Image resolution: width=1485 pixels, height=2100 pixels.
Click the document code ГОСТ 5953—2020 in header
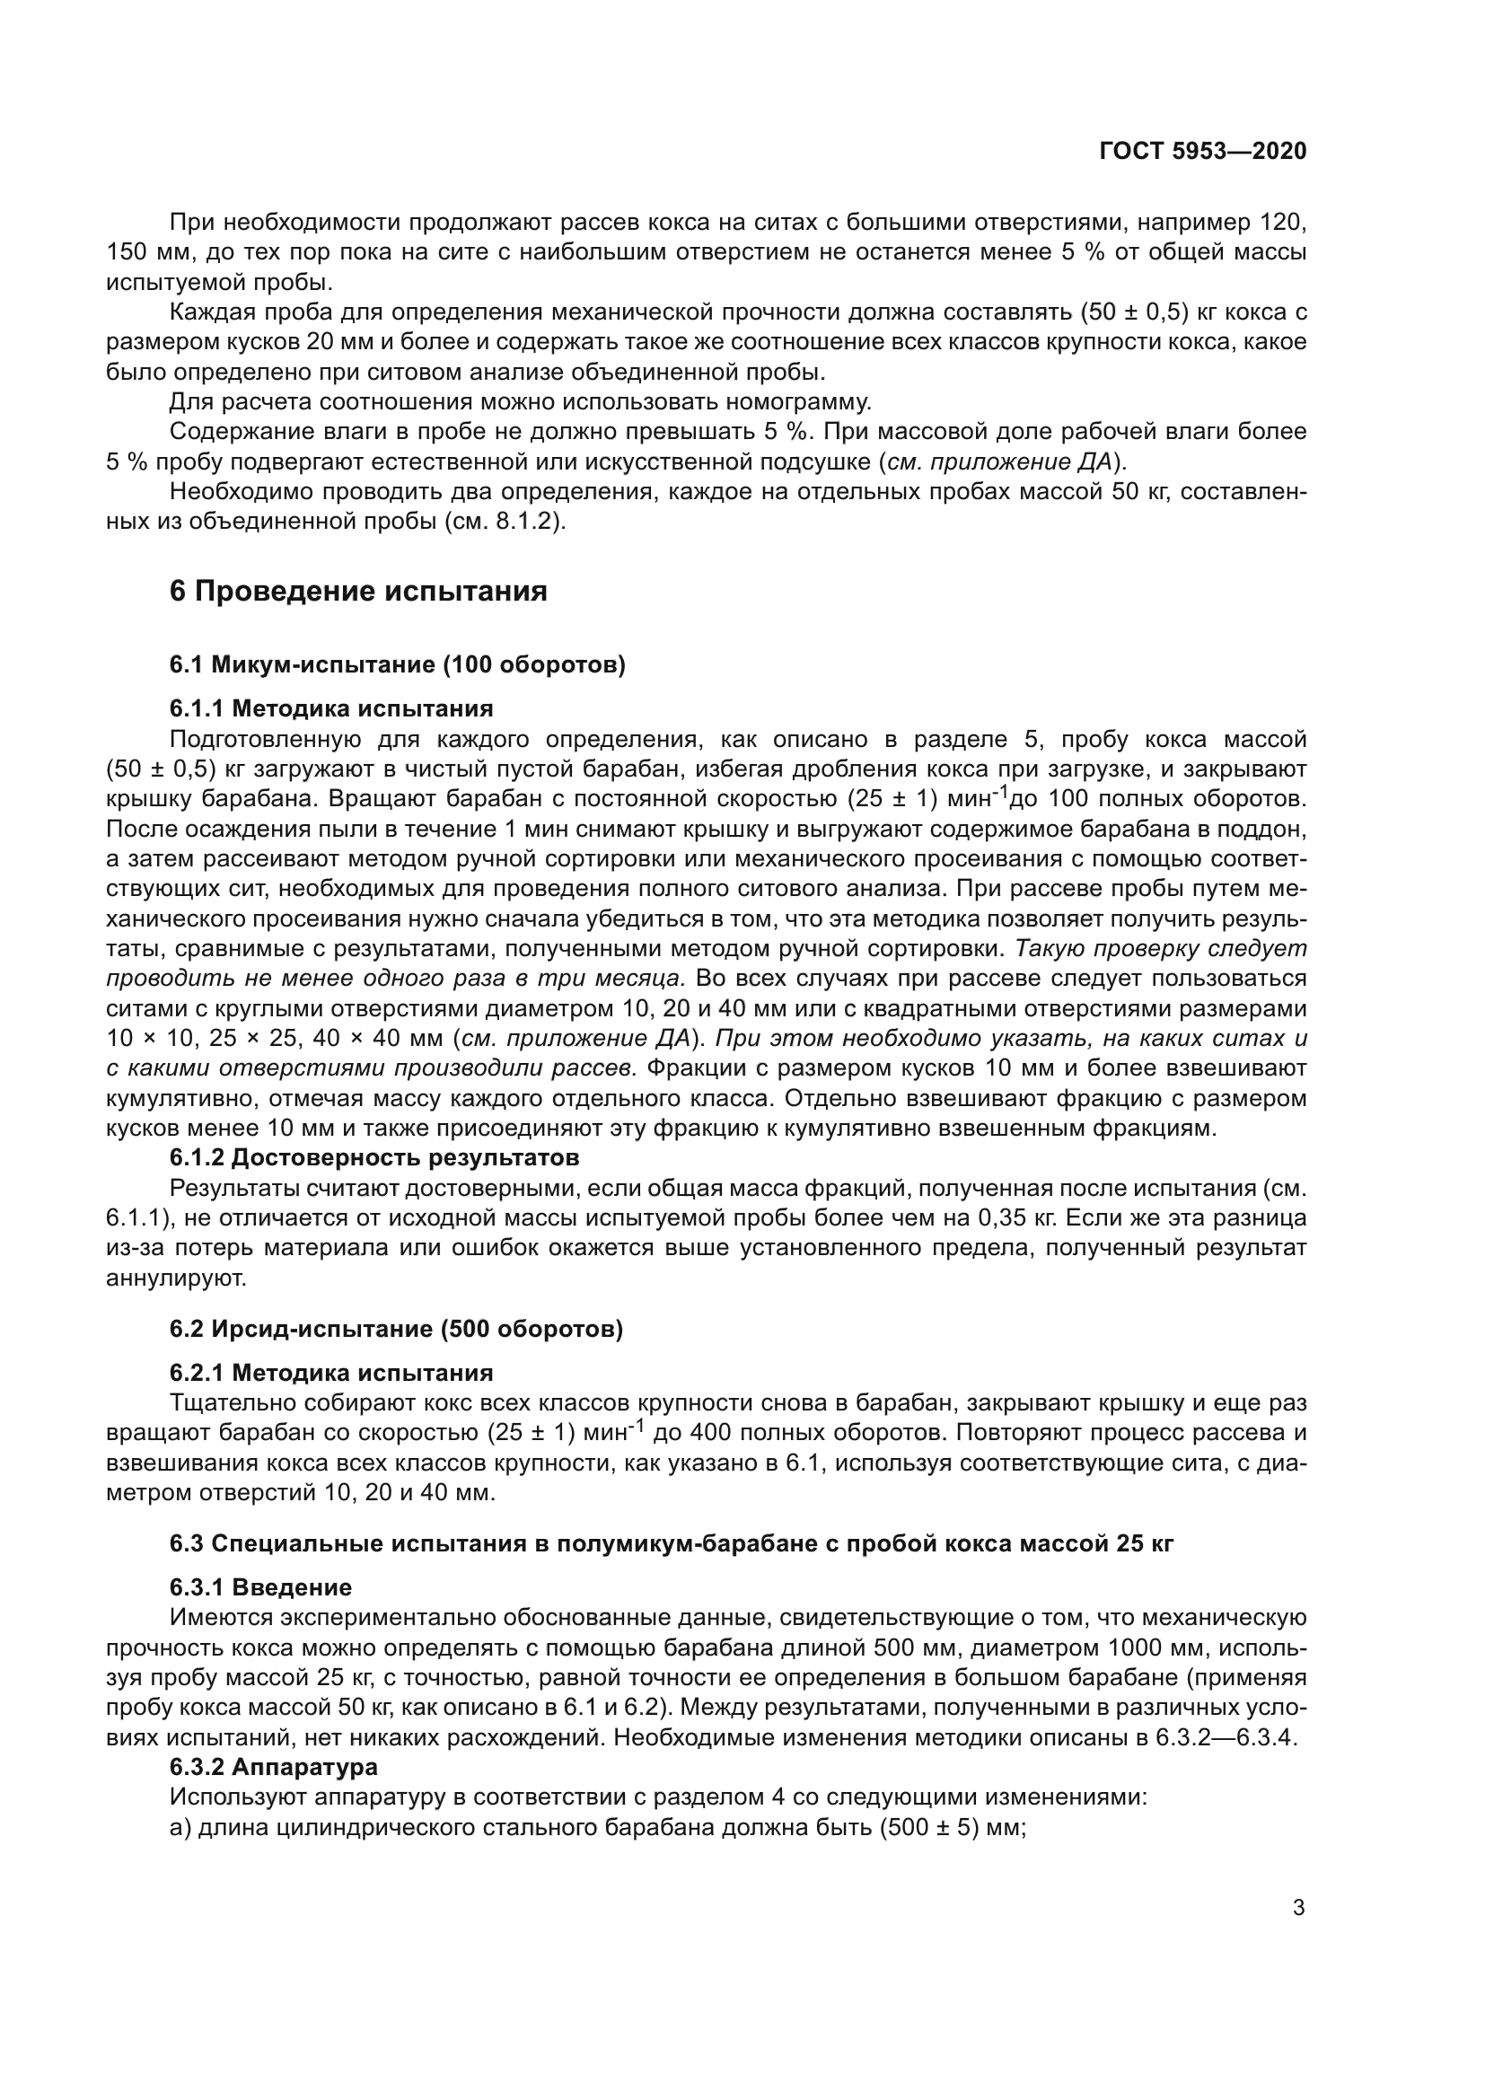point(1201,152)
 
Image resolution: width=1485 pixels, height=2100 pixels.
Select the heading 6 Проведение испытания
point(358,592)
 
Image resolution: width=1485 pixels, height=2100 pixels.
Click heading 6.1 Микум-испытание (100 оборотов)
point(397,665)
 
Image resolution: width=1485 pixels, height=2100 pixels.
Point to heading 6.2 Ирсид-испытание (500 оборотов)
point(396,1329)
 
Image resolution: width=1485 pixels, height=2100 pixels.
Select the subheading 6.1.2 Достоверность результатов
point(374,1158)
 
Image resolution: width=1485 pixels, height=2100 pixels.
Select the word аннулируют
point(177,1278)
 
